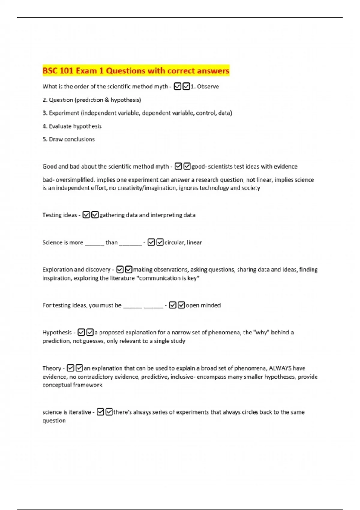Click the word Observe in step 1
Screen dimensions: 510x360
click(x=208, y=87)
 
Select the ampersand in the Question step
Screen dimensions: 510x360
click(x=106, y=100)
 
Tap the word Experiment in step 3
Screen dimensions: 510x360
click(x=64, y=113)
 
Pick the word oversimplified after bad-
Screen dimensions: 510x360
click(x=75, y=180)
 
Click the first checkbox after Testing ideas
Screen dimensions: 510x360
click(x=86, y=215)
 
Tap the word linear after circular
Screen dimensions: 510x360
click(x=194, y=242)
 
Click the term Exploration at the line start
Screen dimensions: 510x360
click(x=56, y=270)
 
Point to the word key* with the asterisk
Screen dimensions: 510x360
click(x=193, y=278)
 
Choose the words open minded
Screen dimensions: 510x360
click(x=203, y=305)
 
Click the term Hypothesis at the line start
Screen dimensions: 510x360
click(x=57, y=332)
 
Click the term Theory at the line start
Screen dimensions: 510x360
click(x=52, y=368)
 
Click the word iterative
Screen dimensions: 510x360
click(x=80, y=412)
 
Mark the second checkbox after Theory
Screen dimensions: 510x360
click(x=79, y=368)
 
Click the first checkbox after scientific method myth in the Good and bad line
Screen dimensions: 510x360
click(x=178, y=166)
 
